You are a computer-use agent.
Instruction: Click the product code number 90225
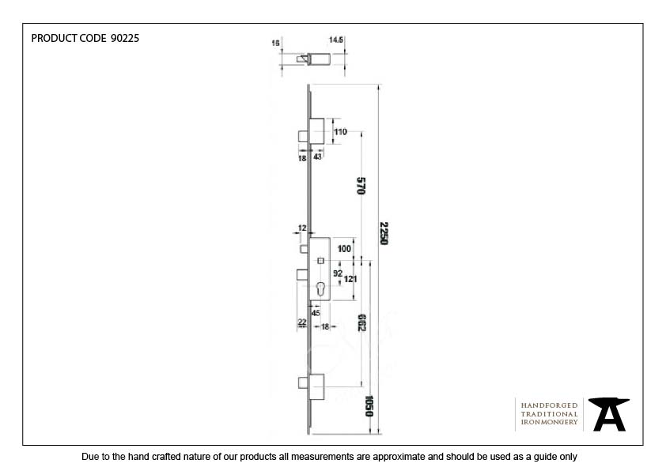point(125,38)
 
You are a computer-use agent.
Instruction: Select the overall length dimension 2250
point(384,233)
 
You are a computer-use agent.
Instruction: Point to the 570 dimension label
point(361,186)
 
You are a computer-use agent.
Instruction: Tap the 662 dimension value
point(361,322)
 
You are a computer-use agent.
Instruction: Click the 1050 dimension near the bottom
point(369,406)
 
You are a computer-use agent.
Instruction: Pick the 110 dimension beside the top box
point(340,132)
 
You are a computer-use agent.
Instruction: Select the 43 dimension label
point(317,156)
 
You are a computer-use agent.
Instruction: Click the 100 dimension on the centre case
point(344,249)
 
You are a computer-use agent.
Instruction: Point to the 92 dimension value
point(338,273)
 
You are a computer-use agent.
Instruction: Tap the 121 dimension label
point(350,279)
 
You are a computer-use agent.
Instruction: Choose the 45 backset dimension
point(316,313)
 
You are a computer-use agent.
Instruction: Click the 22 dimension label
point(302,322)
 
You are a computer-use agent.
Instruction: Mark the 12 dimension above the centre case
point(302,228)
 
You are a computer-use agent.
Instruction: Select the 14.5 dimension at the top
point(335,40)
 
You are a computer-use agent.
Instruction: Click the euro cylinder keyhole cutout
point(320,289)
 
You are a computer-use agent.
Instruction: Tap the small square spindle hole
point(320,261)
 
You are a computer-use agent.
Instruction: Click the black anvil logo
point(609,414)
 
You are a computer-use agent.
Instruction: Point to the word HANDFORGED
point(549,405)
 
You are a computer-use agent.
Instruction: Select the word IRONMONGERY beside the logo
point(549,422)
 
